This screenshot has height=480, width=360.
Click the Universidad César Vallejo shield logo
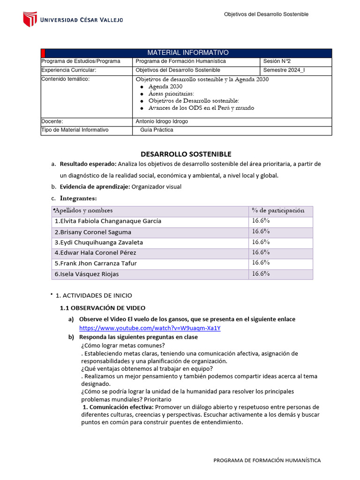30,19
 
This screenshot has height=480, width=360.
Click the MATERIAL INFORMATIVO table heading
188,52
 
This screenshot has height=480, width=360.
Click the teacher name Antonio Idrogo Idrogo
162,121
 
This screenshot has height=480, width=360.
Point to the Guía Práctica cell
157,130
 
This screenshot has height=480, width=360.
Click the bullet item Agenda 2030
165,87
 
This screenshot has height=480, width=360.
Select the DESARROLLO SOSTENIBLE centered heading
186,154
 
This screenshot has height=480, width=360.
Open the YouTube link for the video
150,328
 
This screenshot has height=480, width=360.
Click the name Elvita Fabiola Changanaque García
108,221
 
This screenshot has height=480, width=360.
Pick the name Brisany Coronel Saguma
93,232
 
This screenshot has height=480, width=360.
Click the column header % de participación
278,210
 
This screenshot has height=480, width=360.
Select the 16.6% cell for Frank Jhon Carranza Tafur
261,262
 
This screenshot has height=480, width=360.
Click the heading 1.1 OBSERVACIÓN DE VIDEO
103,308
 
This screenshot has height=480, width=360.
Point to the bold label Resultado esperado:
88,164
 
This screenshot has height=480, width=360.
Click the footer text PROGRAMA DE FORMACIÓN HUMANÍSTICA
267,460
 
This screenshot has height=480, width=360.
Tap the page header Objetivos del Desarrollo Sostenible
266,15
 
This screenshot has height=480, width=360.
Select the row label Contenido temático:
65,79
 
